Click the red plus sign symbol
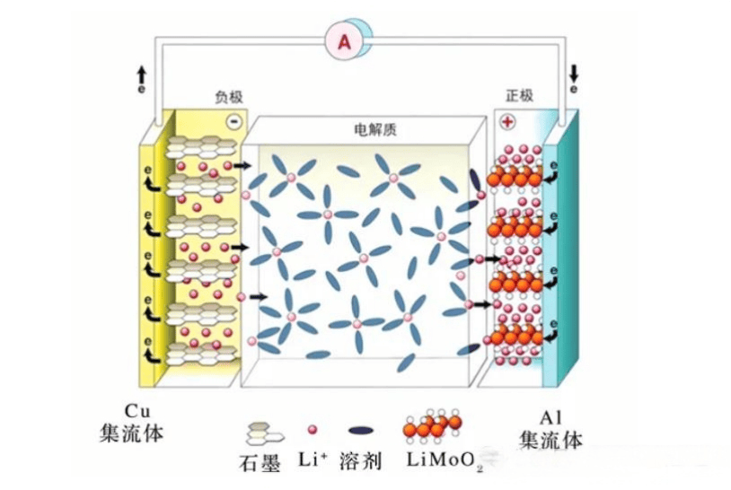(508, 122)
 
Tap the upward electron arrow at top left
(140, 71)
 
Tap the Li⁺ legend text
(312, 461)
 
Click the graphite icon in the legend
(262, 432)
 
